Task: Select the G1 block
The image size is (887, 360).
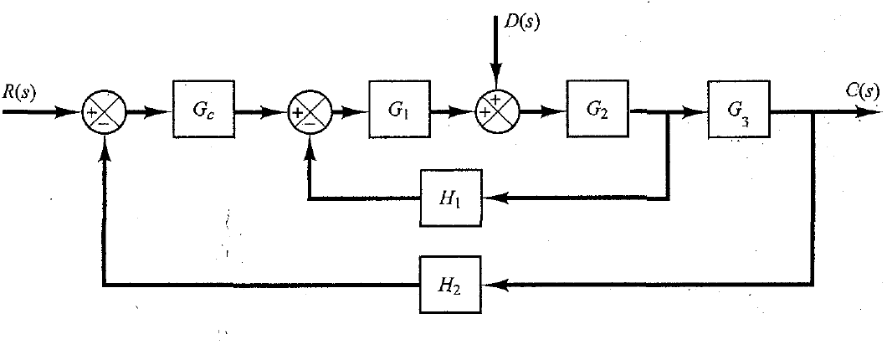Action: [x=398, y=109]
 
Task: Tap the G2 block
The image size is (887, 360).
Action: [x=597, y=109]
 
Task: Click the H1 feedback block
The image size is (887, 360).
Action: [x=451, y=199]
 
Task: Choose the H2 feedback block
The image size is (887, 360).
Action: [x=451, y=285]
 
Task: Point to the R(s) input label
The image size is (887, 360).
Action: [x=19, y=92]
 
